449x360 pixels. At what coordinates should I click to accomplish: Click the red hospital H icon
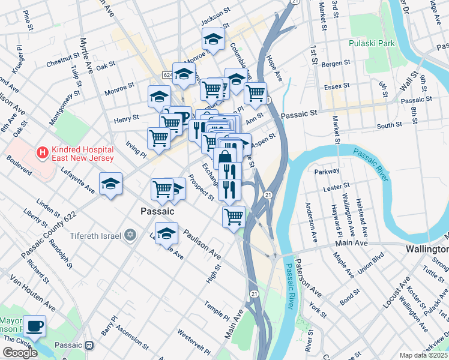pos(42,153)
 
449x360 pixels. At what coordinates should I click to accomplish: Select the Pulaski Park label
pos(372,44)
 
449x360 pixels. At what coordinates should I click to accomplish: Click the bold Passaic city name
pos(157,211)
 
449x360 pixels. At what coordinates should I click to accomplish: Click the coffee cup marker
pos(35,326)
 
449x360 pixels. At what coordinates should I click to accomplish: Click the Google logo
pos(20,353)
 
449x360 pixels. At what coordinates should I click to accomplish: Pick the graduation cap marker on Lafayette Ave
pos(110,184)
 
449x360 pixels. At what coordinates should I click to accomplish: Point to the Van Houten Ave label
pos(32,293)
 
